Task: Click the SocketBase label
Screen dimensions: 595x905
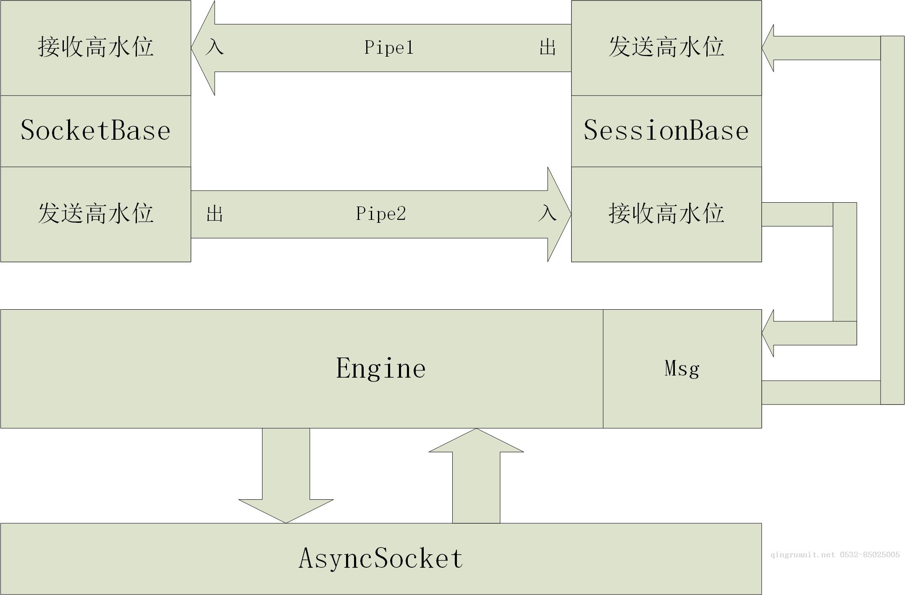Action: pyautogui.click(x=95, y=130)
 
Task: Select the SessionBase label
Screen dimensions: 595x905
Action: pyautogui.click(x=666, y=130)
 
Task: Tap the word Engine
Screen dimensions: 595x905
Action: pyautogui.click(x=380, y=368)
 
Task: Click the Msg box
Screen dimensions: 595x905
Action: pyautogui.click(x=682, y=368)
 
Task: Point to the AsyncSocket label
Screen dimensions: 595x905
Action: pyautogui.click(x=380, y=558)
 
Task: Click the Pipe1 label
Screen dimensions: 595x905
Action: pyautogui.click(x=389, y=47)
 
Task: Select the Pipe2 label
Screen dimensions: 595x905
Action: pyautogui.click(x=381, y=214)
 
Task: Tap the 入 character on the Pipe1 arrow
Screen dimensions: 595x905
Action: pyautogui.click(x=215, y=47)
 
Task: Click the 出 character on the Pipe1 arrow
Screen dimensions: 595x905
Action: pyautogui.click(x=548, y=47)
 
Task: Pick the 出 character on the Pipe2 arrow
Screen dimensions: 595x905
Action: pyautogui.click(x=215, y=214)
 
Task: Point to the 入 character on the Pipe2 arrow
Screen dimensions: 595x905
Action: pyautogui.click(x=548, y=213)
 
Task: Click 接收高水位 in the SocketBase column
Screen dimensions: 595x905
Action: pyautogui.click(x=95, y=47)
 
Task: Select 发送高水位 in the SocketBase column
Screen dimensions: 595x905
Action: pyautogui.click(x=95, y=213)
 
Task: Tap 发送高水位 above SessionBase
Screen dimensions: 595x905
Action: pyautogui.click(x=666, y=47)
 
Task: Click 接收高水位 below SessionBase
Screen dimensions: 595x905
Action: pyautogui.click(x=666, y=213)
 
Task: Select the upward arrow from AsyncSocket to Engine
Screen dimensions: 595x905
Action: pyautogui.click(x=476, y=474)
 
